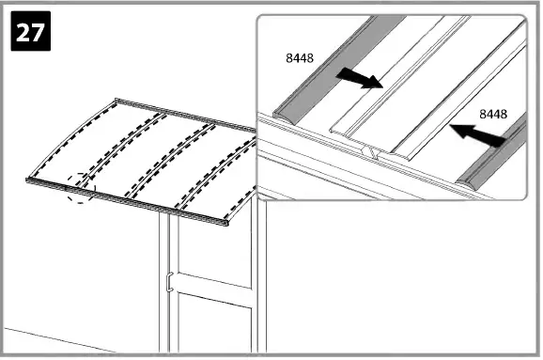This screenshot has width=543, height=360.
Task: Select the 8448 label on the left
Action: point(301,58)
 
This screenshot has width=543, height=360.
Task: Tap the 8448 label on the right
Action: point(494,115)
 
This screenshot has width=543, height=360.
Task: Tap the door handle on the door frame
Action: point(168,280)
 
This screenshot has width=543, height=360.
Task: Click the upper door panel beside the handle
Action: point(211,249)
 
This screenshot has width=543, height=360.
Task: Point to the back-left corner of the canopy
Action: point(116,100)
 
